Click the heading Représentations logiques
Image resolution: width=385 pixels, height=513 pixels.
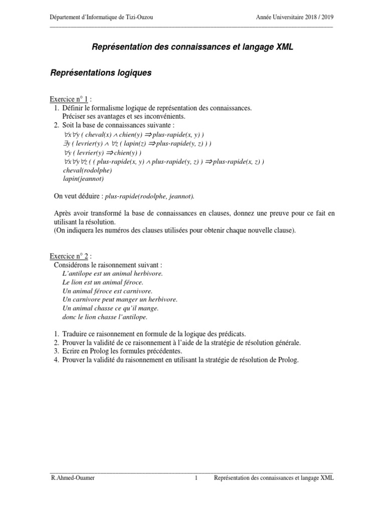tap(101, 73)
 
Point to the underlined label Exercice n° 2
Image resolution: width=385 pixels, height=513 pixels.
tap(70, 256)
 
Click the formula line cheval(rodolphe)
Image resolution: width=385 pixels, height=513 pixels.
tap(83, 170)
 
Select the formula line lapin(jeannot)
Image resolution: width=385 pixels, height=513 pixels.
tap(80, 178)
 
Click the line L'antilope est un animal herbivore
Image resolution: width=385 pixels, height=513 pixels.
tap(113, 274)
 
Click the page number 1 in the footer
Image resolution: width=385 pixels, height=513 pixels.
tap(197, 478)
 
